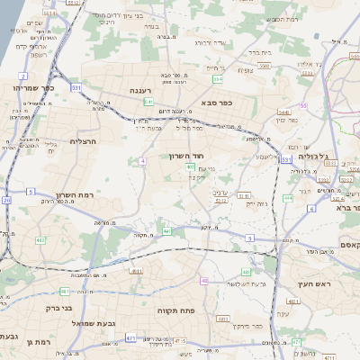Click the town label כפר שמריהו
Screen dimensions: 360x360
point(34,88)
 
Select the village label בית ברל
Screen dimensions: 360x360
point(257,52)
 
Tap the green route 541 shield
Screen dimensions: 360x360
point(148,102)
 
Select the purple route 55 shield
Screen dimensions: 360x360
point(304,106)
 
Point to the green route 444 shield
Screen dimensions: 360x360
point(287,197)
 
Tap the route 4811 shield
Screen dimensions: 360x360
point(135,270)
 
